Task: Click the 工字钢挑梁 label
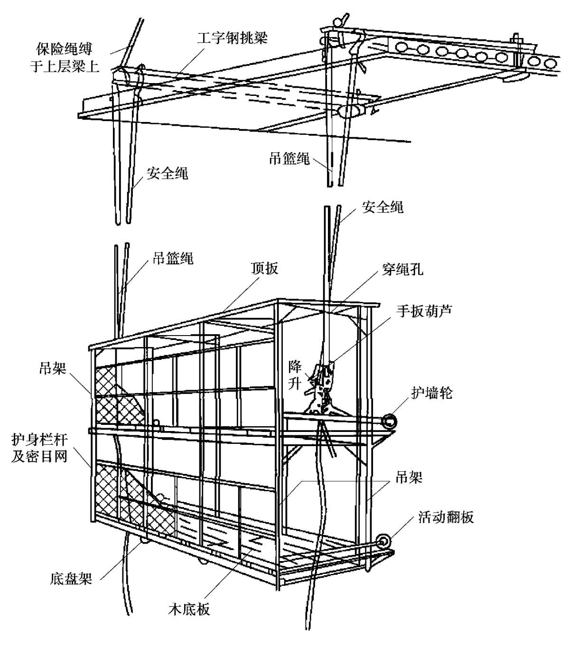pos(232,38)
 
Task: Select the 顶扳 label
pos(265,269)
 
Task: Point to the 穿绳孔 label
pos(402,270)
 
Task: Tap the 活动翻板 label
pos(446,516)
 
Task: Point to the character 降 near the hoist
pos(295,366)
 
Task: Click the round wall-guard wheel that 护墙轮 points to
pos(390,421)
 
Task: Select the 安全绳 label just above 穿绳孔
pos(382,207)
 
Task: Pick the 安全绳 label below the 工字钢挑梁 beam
pos(167,173)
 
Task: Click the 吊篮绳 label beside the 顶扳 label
pos(173,259)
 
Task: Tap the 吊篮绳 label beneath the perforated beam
pos(289,159)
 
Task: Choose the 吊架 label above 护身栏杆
pos(53,368)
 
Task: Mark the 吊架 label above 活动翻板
pos(409,478)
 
